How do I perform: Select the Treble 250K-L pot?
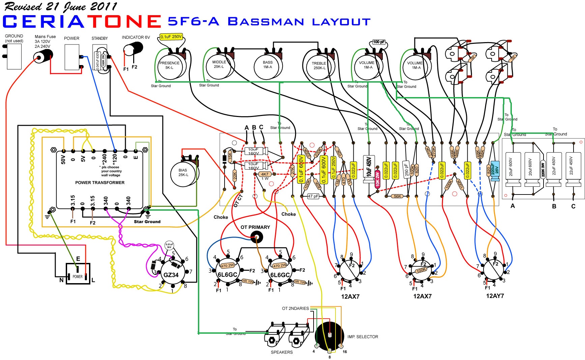tap(319, 67)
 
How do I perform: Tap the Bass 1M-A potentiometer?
tap(268, 66)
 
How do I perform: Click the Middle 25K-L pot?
tap(219, 65)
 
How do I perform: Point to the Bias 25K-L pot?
tap(184, 173)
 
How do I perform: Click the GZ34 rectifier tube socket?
tap(171, 274)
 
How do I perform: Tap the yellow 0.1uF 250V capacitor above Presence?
tap(171, 37)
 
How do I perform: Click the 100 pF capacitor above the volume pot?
tap(379, 42)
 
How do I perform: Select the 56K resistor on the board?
tap(398, 196)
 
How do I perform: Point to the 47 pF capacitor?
tap(313, 196)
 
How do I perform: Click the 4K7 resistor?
tap(265, 174)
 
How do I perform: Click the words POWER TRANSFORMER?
tap(100, 183)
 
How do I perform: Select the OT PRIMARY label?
tap(255, 227)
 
